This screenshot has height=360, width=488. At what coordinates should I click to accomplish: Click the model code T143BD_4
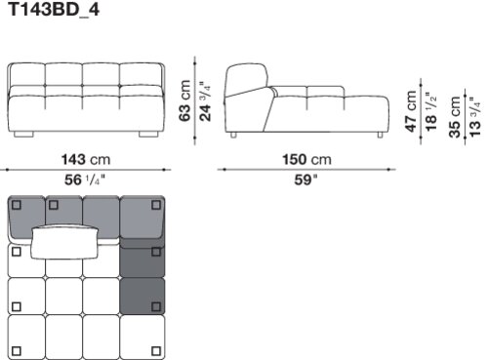point(54,10)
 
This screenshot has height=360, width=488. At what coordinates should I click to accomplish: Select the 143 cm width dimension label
point(86,160)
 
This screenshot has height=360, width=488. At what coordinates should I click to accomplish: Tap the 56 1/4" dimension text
point(85,180)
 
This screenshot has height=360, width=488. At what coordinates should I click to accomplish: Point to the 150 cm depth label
point(306,160)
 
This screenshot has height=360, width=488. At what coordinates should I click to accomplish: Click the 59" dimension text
point(305,180)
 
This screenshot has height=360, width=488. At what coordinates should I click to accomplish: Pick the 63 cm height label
point(184,100)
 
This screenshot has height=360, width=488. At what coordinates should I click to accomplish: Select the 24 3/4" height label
point(205,100)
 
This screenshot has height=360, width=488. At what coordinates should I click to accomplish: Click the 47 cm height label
point(411,111)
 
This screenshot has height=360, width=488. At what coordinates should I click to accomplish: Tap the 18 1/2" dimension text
point(430,111)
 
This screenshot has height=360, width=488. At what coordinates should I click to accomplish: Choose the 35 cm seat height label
point(455,117)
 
